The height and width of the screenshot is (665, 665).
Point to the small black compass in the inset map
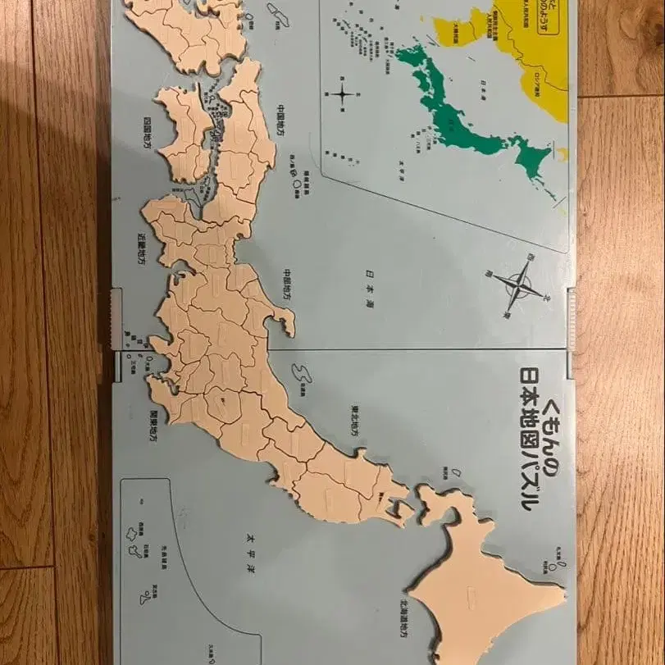[x=343, y=93]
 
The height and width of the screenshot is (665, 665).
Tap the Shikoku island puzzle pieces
[x=184, y=131]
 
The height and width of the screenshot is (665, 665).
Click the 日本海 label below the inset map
[x=371, y=276]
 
